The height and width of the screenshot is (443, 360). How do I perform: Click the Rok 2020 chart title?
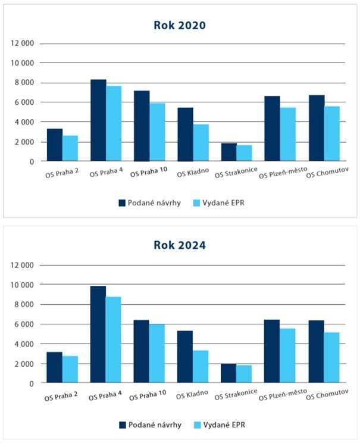tap(180, 25)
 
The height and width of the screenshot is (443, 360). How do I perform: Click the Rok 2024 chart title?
tap(180, 245)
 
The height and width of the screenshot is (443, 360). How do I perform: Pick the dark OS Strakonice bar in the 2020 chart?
tap(229, 152)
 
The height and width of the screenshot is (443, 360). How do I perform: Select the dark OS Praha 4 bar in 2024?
tap(98, 335)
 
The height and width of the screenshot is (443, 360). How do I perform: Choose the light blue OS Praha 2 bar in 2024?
tap(70, 370)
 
